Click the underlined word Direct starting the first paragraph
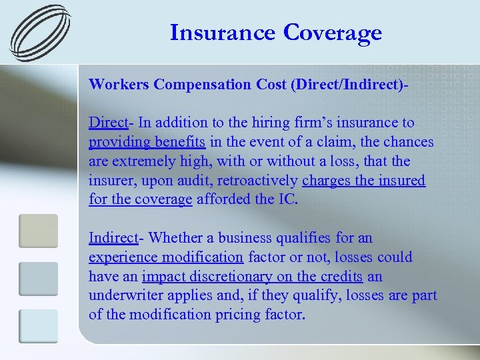(109, 123)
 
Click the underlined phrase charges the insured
(363, 181)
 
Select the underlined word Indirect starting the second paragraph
(113, 238)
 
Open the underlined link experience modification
(166, 257)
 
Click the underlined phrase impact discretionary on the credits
(252, 277)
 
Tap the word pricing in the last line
(234, 315)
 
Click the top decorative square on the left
(38, 231)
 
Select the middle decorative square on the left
(38, 279)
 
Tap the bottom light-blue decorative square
(38, 326)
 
